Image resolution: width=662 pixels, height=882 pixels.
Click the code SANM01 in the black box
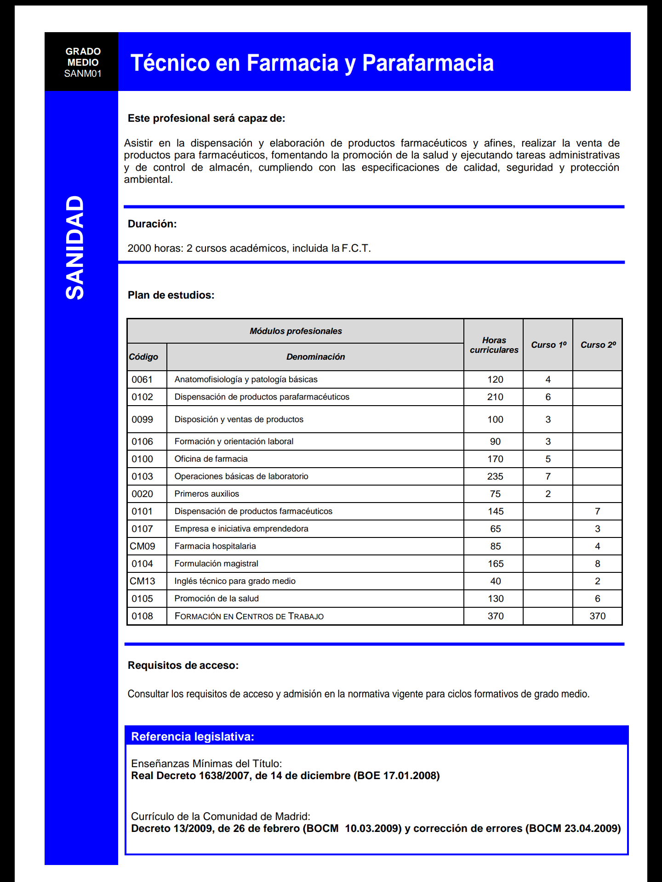click(x=83, y=73)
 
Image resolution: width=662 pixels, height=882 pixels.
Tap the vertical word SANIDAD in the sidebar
click(x=75, y=248)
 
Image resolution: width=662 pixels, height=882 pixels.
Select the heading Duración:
click(x=152, y=224)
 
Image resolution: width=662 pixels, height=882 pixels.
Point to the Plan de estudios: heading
click(x=171, y=295)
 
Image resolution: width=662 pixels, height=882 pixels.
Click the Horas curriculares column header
click(x=494, y=345)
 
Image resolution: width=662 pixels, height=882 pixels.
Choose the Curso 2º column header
click(x=598, y=345)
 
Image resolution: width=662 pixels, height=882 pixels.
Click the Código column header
click(x=143, y=357)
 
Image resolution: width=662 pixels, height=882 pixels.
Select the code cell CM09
click(x=143, y=546)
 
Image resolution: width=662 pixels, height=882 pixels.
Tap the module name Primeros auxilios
click(x=207, y=494)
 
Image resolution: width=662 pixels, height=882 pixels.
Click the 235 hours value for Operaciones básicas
click(x=495, y=476)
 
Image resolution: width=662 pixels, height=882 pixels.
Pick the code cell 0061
click(x=142, y=379)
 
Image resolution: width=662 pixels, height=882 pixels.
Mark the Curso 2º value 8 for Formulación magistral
click(x=597, y=564)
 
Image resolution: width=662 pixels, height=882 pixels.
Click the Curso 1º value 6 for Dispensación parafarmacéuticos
click(x=548, y=397)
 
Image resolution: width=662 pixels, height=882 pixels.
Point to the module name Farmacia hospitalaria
click(x=215, y=546)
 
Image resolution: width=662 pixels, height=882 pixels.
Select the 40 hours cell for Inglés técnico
click(x=495, y=581)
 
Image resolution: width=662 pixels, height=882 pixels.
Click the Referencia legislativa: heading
click(x=193, y=737)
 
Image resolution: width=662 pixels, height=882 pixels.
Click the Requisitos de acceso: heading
click(x=183, y=665)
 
